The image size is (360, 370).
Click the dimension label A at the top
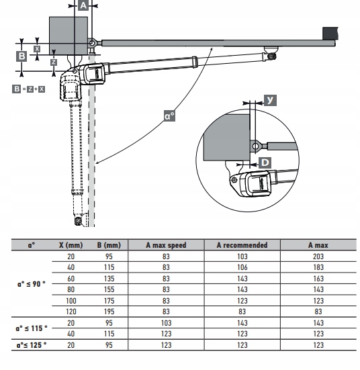click(x=83, y=5)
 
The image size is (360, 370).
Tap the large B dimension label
click(x=21, y=56)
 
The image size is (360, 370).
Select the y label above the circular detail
click(x=270, y=100)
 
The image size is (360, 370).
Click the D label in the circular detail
click(x=265, y=163)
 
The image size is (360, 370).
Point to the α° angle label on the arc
click(x=169, y=116)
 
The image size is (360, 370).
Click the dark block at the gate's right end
click(x=330, y=34)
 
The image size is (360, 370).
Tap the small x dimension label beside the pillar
click(x=37, y=49)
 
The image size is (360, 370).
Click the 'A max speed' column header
click(x=166, y=245)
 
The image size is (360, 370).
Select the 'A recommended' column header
click(x=242, y=245)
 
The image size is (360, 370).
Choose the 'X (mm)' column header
click(x=71, y=245)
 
